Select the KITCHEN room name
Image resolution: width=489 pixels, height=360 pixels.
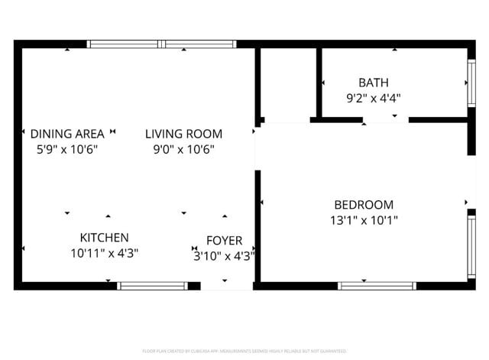[104, 238]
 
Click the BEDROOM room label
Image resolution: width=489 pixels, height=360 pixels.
[364, 205]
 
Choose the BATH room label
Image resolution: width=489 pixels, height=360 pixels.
[373, 83]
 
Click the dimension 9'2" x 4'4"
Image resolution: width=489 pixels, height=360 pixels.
[373, 98]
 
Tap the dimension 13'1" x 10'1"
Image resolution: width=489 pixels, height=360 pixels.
[364, 220]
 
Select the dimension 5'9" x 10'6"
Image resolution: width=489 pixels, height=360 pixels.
[66, 149]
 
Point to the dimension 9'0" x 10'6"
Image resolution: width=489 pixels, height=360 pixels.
[183, 149]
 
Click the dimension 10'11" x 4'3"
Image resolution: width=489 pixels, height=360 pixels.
[104, 253]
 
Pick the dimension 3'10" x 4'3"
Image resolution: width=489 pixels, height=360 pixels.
[224, 257]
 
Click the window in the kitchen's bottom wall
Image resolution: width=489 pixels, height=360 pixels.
[151, 286]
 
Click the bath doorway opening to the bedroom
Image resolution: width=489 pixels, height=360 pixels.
[386, 120]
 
